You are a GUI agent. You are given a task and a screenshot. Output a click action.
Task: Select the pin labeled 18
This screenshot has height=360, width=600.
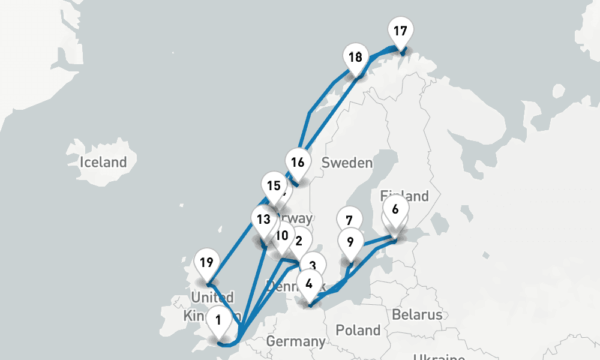(x=355, y=58)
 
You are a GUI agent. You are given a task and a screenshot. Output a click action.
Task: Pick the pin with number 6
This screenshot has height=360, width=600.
(x=395, y=210)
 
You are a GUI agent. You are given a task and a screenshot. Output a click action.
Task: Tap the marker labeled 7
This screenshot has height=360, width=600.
(x=349, y=220)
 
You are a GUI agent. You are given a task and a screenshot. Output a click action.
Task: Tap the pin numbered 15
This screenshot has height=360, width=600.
(x=274, y=186)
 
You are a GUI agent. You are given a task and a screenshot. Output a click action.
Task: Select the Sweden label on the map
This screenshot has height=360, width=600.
(x=347, y=163)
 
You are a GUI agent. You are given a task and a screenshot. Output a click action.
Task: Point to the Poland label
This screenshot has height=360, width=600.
(x=358, y=329)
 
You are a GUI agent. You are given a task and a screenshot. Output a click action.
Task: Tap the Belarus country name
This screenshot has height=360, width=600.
(x=417, y=314)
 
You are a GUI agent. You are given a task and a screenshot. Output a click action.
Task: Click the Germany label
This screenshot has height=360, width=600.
(x=295, y=341)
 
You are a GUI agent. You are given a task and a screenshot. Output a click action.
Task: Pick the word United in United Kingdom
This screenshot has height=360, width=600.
(x=212, y=298)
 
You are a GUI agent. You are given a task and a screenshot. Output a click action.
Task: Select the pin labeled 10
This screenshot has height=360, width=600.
(x=282, y=235)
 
